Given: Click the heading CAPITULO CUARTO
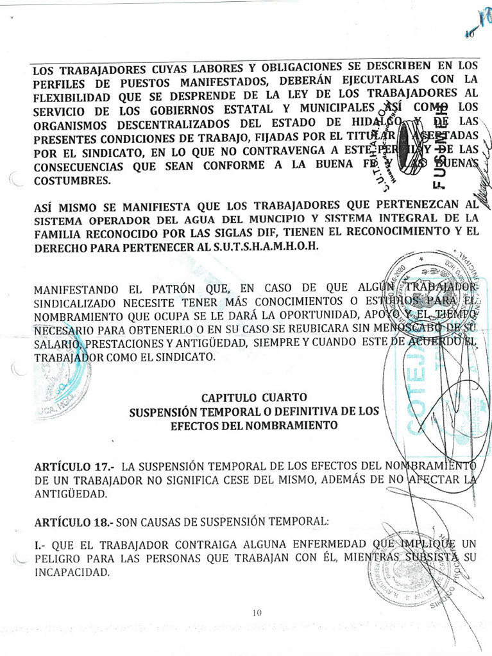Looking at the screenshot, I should point(253,397).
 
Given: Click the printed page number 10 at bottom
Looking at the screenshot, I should point(257,612).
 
